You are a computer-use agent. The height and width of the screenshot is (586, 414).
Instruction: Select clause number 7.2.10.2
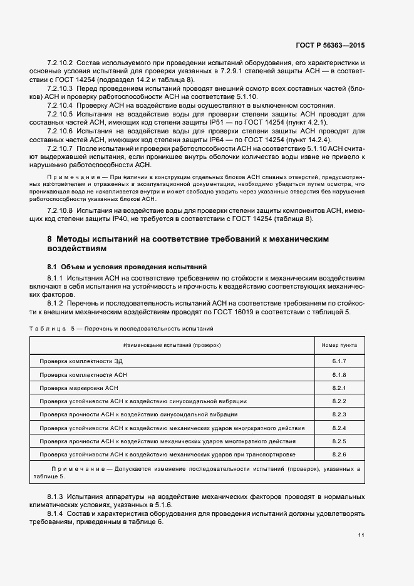[61, 64]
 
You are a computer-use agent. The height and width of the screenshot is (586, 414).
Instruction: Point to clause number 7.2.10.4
[61, 105]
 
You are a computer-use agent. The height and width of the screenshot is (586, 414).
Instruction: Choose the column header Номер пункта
[339, 345]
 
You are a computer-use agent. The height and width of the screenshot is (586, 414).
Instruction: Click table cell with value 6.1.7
[339, 362]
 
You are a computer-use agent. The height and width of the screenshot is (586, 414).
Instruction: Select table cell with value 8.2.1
[339, 388]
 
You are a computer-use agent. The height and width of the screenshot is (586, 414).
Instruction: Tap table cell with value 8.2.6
[339, 454]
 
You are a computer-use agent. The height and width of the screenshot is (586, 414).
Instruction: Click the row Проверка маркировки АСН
[79, 388]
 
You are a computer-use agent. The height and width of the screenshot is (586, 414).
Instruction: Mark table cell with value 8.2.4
[339, 428]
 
